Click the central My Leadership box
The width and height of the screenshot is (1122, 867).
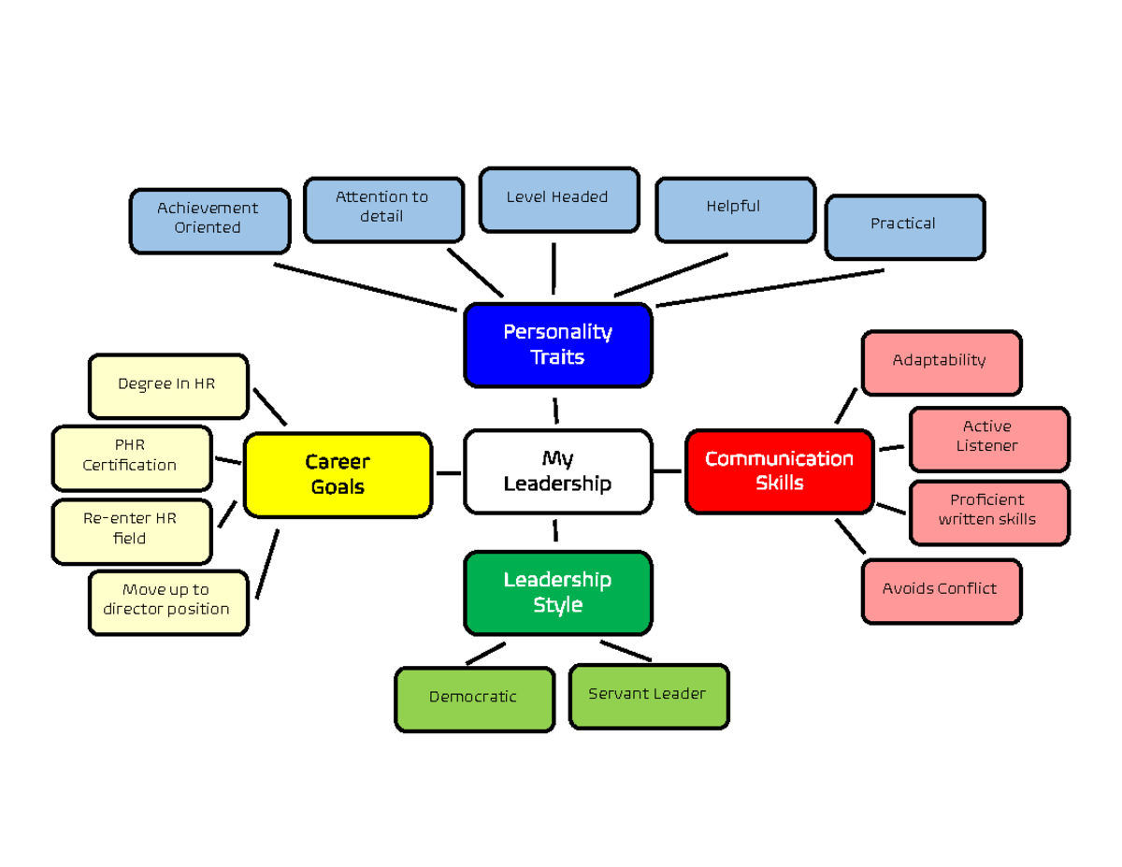click(x=557, y=471)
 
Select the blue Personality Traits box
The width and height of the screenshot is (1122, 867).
click(x=557, y=345)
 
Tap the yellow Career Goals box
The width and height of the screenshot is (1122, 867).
click(x=338, y=474)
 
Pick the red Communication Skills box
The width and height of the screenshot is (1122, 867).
click(x=779, y=471)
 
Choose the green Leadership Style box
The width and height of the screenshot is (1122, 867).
click(x=557, y=593)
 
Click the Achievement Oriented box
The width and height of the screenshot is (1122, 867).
click(x=209, y=221)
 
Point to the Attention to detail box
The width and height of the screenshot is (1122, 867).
click(x=383, y=210)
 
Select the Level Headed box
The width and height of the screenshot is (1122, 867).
click(x=558, y=199)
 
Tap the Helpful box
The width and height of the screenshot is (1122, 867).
click(x=735, y=210)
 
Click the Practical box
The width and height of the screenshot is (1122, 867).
click(x=904, y=226)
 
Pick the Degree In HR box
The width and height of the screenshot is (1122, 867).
click(x=168, y=385)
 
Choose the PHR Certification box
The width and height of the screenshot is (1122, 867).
click(x=131, y=457)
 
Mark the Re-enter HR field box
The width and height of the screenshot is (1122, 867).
click(x=131, y=530)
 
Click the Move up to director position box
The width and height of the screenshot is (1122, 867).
click(x=168, y=602)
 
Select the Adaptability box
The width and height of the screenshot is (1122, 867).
click(x=941, y=362)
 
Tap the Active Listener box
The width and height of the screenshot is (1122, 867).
click(x=988, y=439)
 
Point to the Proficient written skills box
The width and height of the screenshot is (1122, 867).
click(x=988, y=512)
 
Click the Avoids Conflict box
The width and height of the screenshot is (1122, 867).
click(x=941, y=591)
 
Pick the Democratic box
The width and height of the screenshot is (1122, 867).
click(x=474, y=699)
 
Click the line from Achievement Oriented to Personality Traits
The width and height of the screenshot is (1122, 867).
click(x=365, y=286)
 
